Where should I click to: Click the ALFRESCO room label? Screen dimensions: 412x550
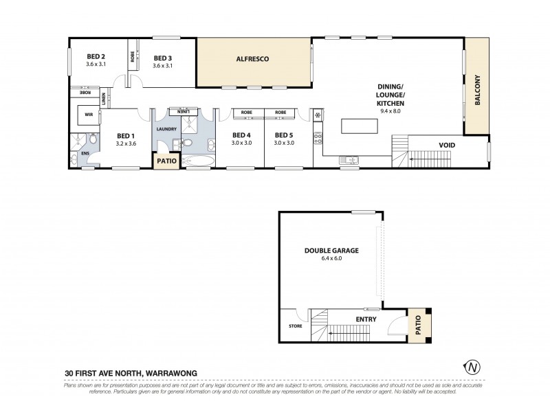point(254,60)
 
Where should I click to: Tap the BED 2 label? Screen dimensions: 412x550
point(96,57)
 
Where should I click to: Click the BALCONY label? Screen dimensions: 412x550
point(476,85)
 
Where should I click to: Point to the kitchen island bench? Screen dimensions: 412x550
point(360,126)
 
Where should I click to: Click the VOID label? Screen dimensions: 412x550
point(449,145)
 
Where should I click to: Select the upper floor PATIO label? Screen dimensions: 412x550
point(167,161)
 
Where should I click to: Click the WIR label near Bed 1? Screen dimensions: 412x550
point(89,115)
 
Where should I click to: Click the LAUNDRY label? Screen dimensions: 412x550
point(167,129)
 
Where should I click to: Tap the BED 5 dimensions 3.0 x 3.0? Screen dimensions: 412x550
point(284,143)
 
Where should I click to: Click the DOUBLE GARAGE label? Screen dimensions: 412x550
point(331,251)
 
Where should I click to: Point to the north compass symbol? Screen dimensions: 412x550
point(472,367)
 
